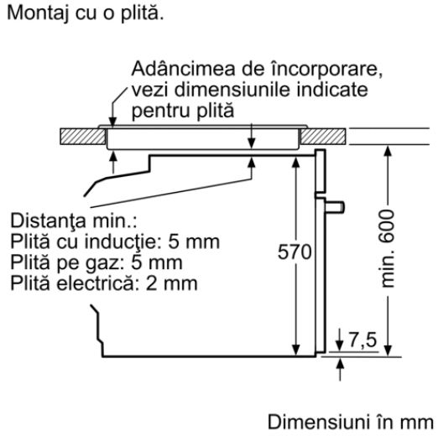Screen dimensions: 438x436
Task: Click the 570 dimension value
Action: pos(295,252)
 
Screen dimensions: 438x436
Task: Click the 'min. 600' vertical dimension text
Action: pos(388,248)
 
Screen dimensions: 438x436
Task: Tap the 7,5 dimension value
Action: pos(363,340)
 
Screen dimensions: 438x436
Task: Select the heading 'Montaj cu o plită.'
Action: pos(86,13)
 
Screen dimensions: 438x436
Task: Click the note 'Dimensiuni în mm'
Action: pos(351,422)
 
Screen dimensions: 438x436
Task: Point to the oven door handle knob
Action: pos(335,207)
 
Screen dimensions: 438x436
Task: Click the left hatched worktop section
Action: pos(83,137)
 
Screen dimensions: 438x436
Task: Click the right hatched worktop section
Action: pos(323,137)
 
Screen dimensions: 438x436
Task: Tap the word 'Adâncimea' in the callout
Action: pos(183,69)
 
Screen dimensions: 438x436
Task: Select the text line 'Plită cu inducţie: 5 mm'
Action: pos(115,241)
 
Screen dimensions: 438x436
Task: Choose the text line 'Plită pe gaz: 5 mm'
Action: pos(96,262)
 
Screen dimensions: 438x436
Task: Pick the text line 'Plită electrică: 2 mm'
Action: pos(104,283)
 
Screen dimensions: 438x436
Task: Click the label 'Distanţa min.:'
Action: pos(74,221)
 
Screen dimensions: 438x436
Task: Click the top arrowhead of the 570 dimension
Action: pos(295,162)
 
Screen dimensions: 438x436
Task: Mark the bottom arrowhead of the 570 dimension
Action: pos(295,350)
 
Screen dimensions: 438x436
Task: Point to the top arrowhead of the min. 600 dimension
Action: pos(388,151)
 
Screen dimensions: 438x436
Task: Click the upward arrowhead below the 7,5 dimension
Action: pos(340,363)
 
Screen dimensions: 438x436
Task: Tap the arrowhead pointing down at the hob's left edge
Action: pos(112,122)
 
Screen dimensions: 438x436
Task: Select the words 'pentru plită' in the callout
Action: pos(183,111)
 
